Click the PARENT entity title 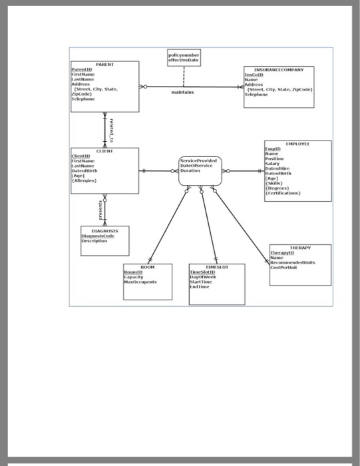click(x=105, y=64)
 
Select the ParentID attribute click(x=83, y=69)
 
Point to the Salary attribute click(x=274, y=164)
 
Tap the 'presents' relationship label click(x=101, y=208)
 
